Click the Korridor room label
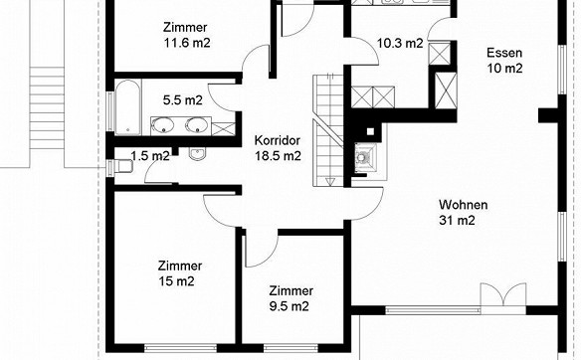click(x=278, y=141)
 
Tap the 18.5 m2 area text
click(x=278, y=156)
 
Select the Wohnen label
click(x=464, y=205)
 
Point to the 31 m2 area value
click(x=457, y=221)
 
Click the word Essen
click(x=504, y=53)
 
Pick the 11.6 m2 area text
click(x=187, y=43)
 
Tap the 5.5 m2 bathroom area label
click(x=183, y=100)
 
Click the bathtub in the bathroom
click(x=127, y=107)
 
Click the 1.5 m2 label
click(x=150, y=156)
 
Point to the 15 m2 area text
click(x=176, y=281)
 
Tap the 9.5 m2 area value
click(x=290, y=306)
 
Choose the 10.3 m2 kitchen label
click(x=400, y=44)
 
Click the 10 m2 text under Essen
click(x=504, y=69)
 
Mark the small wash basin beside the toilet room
click(x=197, y=154)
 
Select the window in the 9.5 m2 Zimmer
click(x=290, y=348)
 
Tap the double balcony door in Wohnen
click(x=503, y=295)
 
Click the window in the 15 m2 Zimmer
click(x=180, y=348)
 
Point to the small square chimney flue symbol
click(x=370, y=131)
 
